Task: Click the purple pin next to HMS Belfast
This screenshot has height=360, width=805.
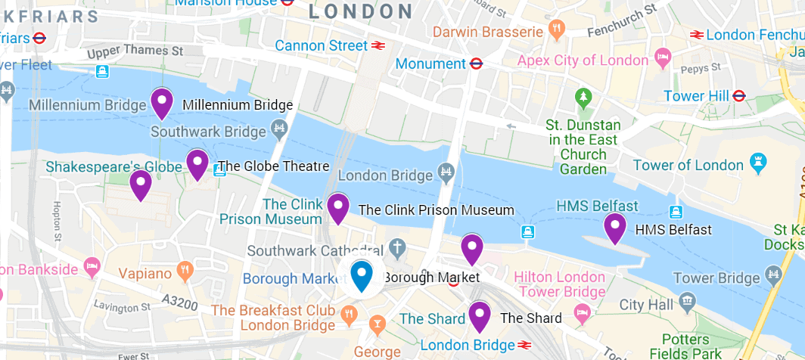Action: click(615, 227)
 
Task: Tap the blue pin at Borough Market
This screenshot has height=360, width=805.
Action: click(363, 275)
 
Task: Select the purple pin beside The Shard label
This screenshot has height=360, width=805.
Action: click(480, 315)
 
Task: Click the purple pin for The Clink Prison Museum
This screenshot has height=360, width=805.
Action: click(337, 207)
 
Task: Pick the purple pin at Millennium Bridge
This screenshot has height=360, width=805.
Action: click(161, 102)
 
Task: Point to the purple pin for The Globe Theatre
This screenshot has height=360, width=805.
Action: click(197, 163)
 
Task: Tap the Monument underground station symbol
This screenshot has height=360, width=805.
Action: click(476, 64)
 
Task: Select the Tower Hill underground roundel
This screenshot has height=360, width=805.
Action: click(739, 96)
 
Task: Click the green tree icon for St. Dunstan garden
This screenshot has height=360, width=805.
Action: click(583, 98)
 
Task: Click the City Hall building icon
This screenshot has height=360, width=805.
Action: click(687, 303)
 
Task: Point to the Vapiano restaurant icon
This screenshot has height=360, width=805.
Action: click(184, 270)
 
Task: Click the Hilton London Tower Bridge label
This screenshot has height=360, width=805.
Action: click(559, 284)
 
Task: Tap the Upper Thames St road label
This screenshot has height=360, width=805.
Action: click(135, 52)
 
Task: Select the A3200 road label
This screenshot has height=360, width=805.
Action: click(181, 303)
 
